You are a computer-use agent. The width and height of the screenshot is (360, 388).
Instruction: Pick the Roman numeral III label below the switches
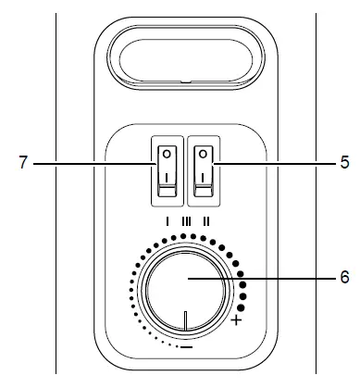click(185, 222)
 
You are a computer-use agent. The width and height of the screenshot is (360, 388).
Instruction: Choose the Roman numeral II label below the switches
click(205, 222)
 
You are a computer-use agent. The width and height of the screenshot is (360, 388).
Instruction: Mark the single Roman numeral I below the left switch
click(166, 222)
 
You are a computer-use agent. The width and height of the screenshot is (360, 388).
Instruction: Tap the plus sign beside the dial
click(237, 320)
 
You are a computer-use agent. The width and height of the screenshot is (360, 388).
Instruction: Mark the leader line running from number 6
click(278, 276)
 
